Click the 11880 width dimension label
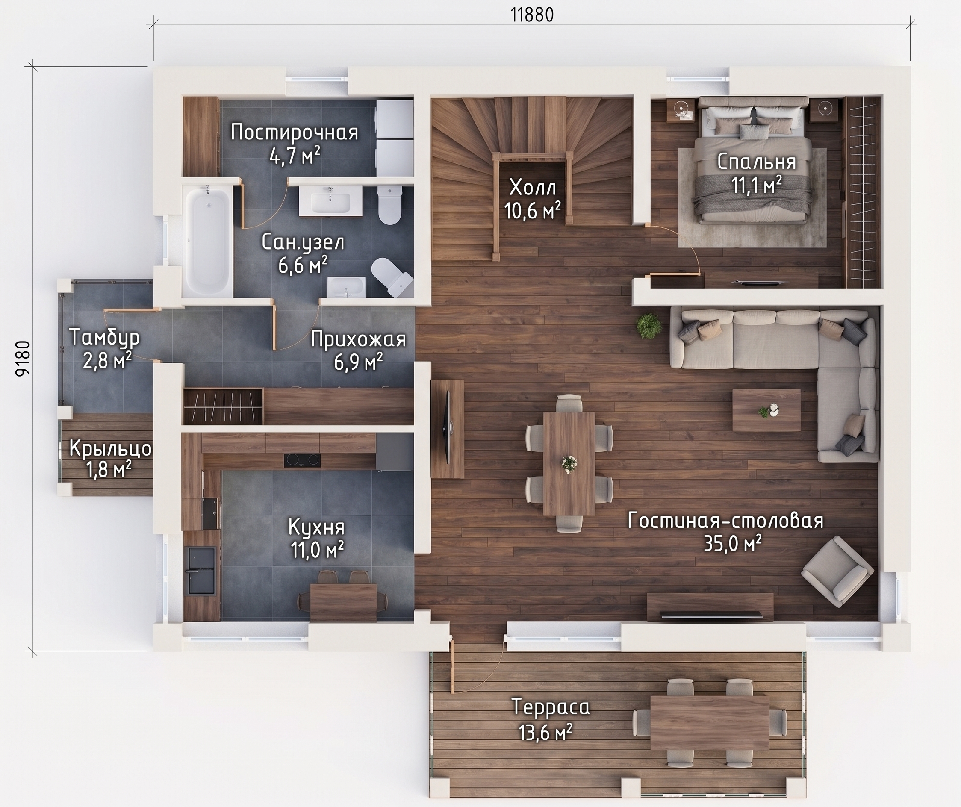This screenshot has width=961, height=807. (532, 15)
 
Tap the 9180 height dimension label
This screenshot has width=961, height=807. (24, 358)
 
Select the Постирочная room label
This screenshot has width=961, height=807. (294, 132)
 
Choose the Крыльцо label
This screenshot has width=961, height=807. (110, 449)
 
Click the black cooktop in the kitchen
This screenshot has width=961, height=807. (302, 460)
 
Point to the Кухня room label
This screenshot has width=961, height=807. (316, 527)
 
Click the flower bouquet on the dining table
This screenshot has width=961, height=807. (569, 464)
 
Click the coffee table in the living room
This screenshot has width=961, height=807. (766, 410)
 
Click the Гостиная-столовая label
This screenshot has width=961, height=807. (725, 521)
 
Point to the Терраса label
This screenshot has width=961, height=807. (551, 707)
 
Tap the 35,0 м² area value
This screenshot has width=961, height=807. (733, 544)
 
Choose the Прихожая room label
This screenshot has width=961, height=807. (358, 339)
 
